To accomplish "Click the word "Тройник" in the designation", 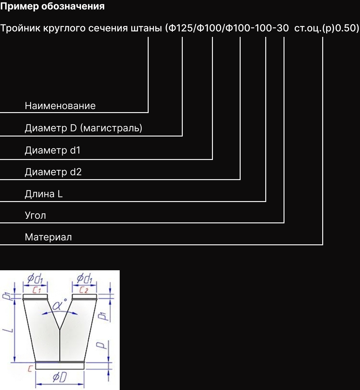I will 20,28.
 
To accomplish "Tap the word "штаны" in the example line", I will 146,28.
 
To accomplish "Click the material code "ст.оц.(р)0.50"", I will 326,28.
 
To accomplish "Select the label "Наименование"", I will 60,106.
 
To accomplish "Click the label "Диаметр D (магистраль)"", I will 83,128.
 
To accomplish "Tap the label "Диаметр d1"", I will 52,150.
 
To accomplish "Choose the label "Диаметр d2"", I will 53,172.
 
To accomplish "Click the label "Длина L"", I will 44,194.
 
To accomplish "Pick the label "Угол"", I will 35,216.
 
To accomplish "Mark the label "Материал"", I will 48,237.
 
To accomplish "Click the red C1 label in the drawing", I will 37,290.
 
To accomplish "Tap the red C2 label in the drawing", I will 84,290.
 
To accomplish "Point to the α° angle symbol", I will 59,305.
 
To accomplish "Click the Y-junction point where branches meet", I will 60,329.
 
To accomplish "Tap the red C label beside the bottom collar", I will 30,369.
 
